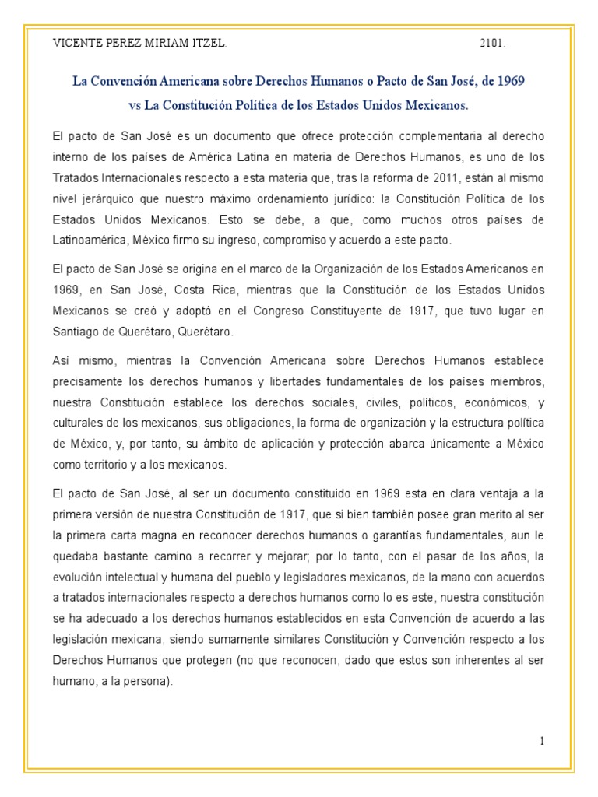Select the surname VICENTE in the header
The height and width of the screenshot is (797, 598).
click(78, 44)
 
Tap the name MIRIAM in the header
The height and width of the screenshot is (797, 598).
click(175, 44)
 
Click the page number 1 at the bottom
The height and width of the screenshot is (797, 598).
click(542, 741)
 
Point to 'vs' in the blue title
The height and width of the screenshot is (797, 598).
click(136, 104)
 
